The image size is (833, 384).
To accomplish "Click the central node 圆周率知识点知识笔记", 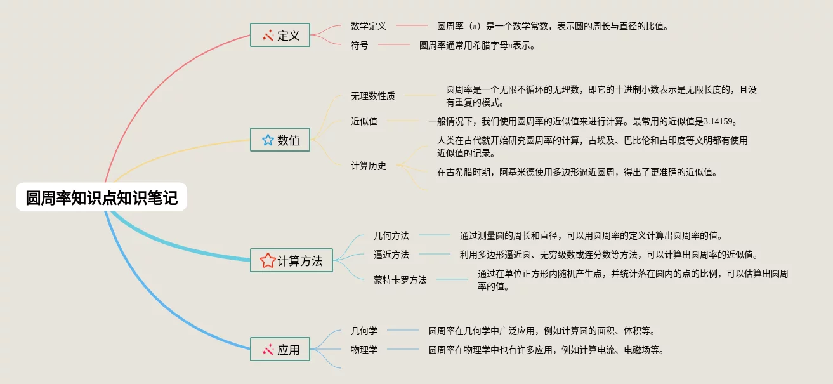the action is pos(102,197).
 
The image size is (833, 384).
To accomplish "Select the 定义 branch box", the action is pos(280,36).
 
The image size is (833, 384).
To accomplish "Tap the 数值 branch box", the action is pos(280,140).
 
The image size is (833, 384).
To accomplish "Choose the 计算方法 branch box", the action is pos(291,260).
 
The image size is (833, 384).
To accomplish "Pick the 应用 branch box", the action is pos(280,350).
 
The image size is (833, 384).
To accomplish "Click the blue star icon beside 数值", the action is pos(268,140).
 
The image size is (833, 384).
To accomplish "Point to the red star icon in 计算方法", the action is pos(268,260).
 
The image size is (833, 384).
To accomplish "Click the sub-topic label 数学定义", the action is pos(369,26).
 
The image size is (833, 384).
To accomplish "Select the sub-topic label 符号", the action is pos(359,45).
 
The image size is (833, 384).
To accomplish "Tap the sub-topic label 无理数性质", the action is pos(373,96).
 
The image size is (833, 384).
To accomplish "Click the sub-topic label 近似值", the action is pos(364,121).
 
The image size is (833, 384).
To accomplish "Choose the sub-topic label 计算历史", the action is pos(369,166).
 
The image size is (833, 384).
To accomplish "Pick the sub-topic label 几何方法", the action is pos(391,235).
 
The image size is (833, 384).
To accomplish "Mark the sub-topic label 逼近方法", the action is pos(391,255).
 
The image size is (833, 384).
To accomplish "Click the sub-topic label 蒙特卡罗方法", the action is pos(400,280).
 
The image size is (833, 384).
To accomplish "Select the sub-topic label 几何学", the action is pos(364,331).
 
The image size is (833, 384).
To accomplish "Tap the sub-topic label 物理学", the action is pos(364,350).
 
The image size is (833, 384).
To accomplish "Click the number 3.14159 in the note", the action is pos(719,121).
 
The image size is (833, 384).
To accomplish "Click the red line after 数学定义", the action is pos(412,26).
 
